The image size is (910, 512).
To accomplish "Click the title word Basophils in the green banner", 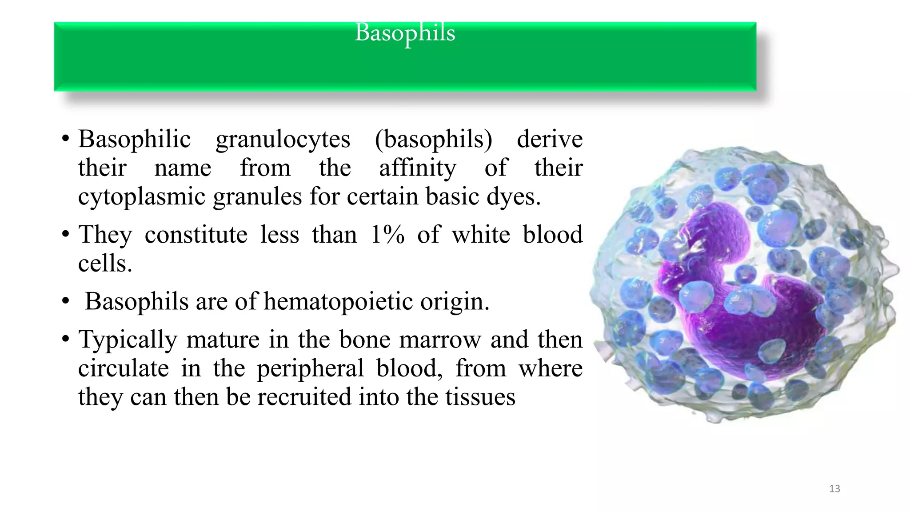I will (x=405, y=33).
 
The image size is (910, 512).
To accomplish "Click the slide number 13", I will (x=834, y=489).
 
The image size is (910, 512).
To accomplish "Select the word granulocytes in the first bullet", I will (x=283, y=139).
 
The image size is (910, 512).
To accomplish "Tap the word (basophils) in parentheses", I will (x=433, y=139).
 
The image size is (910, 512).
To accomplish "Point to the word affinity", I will (x=417, y=168).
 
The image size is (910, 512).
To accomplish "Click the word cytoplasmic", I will (x=142, y=196).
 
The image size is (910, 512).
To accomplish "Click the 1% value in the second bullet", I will (x=387, y=235).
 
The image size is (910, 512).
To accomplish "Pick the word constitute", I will (x=196, y=235).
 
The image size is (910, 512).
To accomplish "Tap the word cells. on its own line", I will (x=105, y=263).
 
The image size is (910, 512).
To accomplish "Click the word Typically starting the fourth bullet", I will (x=128, y=340).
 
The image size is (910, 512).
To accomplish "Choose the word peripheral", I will (x=310, y=368).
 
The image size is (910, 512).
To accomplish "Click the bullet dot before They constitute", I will (x=65, y=234).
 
